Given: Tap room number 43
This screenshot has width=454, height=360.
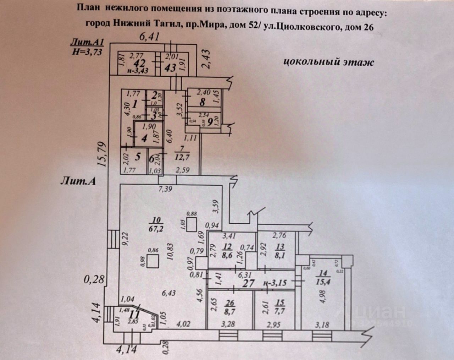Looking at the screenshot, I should point(170,67).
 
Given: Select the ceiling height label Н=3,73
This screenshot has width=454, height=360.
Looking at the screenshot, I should point(87,51).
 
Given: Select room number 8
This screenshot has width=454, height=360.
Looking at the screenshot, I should point(202,103).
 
